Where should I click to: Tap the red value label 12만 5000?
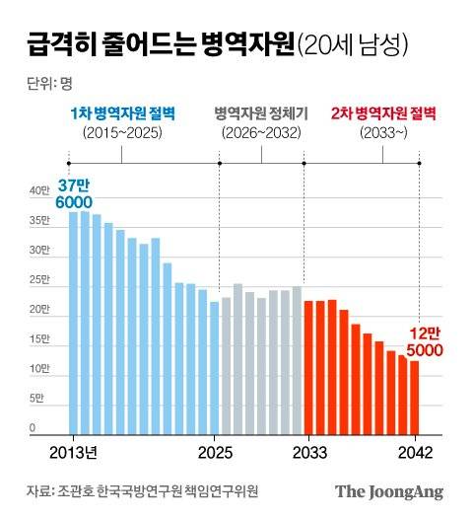pyautogui.click(x=424, y=341)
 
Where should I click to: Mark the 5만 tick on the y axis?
pyautogui.click(x=36, y=399)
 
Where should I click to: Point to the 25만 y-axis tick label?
pyautogui.click(x=37, y=279)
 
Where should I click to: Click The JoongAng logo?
pyautogui.click(x=388, y=491)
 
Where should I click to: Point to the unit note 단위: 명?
pyautogui.click(x=43, y=81)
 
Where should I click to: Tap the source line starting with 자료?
pyautogui.click(x=147, y=491)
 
